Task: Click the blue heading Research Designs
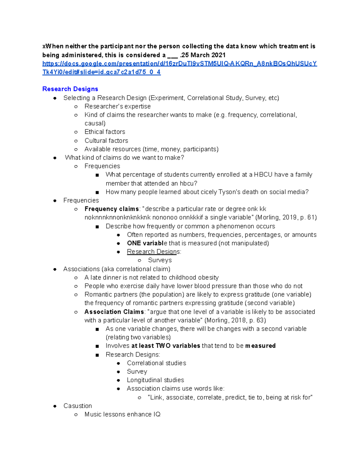(70, 89)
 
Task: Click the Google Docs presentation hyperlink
(179, 64)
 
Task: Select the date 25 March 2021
(203, 55)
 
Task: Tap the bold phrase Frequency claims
(112, 209)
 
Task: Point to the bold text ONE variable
(146, 243)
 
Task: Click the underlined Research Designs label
(154, 252)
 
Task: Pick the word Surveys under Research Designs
(160, 260)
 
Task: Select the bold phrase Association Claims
(114, 312)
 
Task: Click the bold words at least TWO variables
(166, 346)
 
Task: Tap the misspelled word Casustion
(78, 406)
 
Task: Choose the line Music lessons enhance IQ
(122, 414)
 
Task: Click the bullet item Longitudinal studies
(155, 380)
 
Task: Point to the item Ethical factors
(105, 132)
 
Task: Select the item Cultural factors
(106, 141)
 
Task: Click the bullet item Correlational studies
(156, 363)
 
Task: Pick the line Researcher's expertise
(118, 107)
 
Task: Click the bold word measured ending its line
(260, 346)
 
